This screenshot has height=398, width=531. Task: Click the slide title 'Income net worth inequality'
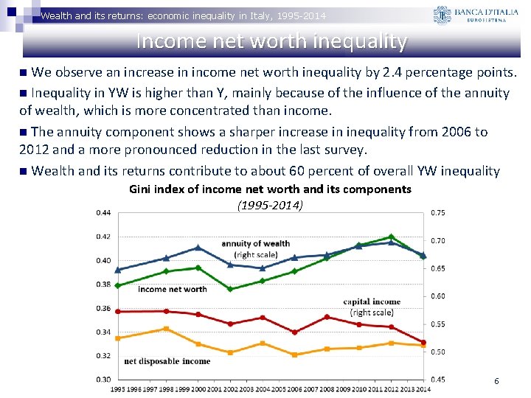point(271,41)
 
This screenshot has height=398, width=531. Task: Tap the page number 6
point(496,381)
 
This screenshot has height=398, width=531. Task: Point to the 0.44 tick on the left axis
point(103,213)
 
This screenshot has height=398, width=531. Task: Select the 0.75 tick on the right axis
point(437,213)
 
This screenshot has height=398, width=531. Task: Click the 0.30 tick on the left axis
point(103,379)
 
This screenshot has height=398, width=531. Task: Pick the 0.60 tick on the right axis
point(437,296)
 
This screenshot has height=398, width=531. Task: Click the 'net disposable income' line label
point(167,361)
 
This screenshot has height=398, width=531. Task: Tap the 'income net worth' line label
point(172,290)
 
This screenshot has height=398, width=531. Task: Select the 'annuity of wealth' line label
point(255,244)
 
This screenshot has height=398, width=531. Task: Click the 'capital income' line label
point(372,301)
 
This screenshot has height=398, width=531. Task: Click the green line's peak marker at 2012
point(390,237)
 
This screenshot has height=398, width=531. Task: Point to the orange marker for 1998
point(167,329)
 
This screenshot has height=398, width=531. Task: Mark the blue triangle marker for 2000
point(198,248)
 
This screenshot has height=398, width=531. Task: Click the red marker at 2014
point(423,343)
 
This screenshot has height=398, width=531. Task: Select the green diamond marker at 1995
point(117,285)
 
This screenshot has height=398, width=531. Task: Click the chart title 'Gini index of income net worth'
point(270,189)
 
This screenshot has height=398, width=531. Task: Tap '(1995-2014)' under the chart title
point(270,204)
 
